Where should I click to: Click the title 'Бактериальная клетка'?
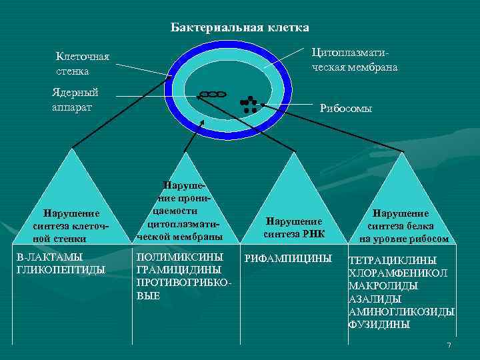[240, 27]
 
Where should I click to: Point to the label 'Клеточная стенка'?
[82, 64]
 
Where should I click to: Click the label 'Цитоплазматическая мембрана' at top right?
[353, 60]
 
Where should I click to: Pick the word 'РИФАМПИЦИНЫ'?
[288, 257]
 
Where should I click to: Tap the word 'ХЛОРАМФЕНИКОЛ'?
[398, 273]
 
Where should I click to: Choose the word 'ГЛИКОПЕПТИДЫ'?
[61, 269]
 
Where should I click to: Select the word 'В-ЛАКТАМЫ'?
[49, 257]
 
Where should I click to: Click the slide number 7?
[449, 345]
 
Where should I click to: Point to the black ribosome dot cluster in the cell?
[248, 104]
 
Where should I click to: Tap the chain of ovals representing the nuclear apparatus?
[212, 95]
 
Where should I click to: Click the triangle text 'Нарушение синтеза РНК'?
[293, 227]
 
